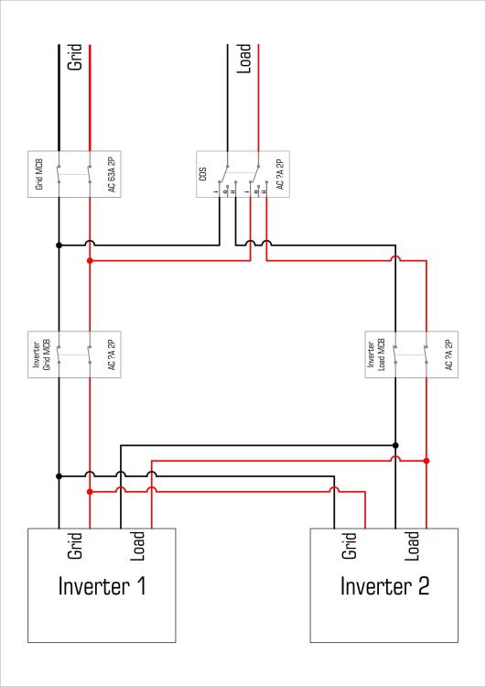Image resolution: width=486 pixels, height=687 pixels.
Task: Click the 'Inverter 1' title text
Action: tap(102, 586)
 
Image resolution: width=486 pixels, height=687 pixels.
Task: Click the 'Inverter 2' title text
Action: tap(384, 586)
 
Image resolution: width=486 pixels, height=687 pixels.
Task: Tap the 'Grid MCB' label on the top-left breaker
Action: tap(39, 174)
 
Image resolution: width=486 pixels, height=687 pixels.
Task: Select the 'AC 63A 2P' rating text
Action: tap(112, 174)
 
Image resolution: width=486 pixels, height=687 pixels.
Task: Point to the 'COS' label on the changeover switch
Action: tap(203, 174)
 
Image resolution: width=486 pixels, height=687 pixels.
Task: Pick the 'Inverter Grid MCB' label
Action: tap(43, 354)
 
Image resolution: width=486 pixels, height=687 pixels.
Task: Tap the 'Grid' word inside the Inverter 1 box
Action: tap(75, 546)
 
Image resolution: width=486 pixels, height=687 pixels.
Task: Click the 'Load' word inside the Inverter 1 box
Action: tap(137, 546)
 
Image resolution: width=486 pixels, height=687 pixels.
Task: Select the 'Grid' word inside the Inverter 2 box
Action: tap(349, 546)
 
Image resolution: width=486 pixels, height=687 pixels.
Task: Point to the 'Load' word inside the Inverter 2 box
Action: tap(412, 546)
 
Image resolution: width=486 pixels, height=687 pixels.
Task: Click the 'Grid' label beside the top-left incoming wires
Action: tap(75, 57)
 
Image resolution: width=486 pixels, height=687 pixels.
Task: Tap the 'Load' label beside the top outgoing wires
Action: tap(243, 59)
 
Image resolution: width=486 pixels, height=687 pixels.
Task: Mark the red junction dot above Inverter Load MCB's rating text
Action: tap(427, 461)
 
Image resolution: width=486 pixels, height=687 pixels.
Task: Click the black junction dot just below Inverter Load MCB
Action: tap(395, 445)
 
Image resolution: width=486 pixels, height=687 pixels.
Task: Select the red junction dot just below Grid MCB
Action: tap(90, 261)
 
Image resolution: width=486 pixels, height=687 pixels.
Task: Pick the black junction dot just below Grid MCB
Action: tap(59, 245)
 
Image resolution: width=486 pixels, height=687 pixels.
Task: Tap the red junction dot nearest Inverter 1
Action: tap(90, 492)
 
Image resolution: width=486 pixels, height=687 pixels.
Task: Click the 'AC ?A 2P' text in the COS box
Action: tap(280, 174)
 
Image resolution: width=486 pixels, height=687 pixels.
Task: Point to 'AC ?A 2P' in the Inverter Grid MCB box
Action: tap(112, 354)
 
